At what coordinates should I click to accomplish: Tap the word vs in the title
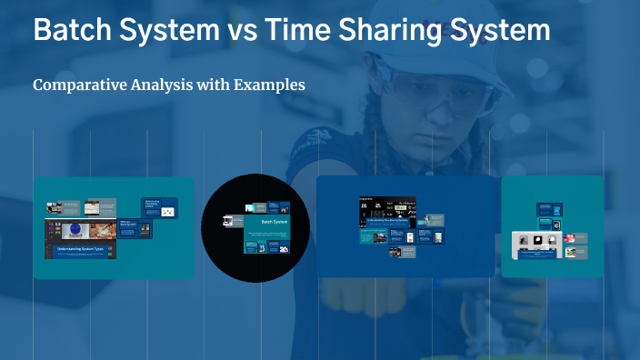(241, 30)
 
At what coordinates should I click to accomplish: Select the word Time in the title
(301, 30)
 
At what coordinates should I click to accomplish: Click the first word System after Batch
(168, 30)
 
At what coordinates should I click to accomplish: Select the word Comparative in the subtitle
(76, 85)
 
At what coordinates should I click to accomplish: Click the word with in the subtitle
(213, 85)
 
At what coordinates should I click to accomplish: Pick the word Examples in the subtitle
(269, 85)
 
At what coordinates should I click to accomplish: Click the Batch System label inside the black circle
(274, 221)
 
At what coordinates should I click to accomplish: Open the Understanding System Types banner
(81, 248)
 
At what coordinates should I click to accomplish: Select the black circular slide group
(255, 227)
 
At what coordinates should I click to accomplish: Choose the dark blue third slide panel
(405, 226)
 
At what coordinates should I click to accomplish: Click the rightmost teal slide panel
(552, 226)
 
